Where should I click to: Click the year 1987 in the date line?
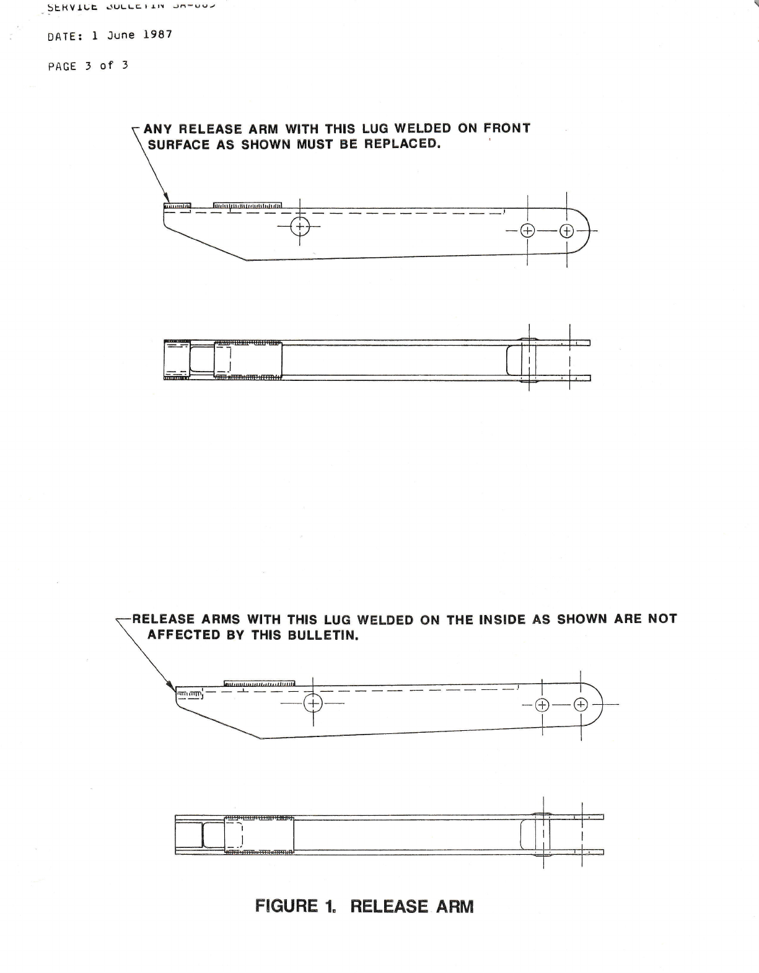tap(157, 35)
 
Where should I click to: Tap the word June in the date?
tap(121, 35)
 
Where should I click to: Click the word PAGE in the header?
tap(62, 66)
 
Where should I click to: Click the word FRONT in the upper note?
tap(507, 128)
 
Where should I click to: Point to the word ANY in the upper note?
tap(157, 129)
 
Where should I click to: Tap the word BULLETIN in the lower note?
tap(323, 635)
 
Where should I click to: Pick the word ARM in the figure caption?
tap(455, 907)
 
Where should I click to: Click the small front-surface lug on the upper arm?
tap(177, 206)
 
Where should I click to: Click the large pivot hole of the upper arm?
tap(300, 226)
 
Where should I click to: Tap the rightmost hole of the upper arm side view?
tap(567, 232)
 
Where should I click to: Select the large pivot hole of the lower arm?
tap(314, 703)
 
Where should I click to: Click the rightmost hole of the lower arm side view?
tap(581, 704)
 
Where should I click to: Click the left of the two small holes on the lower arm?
tap(542, 705)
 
